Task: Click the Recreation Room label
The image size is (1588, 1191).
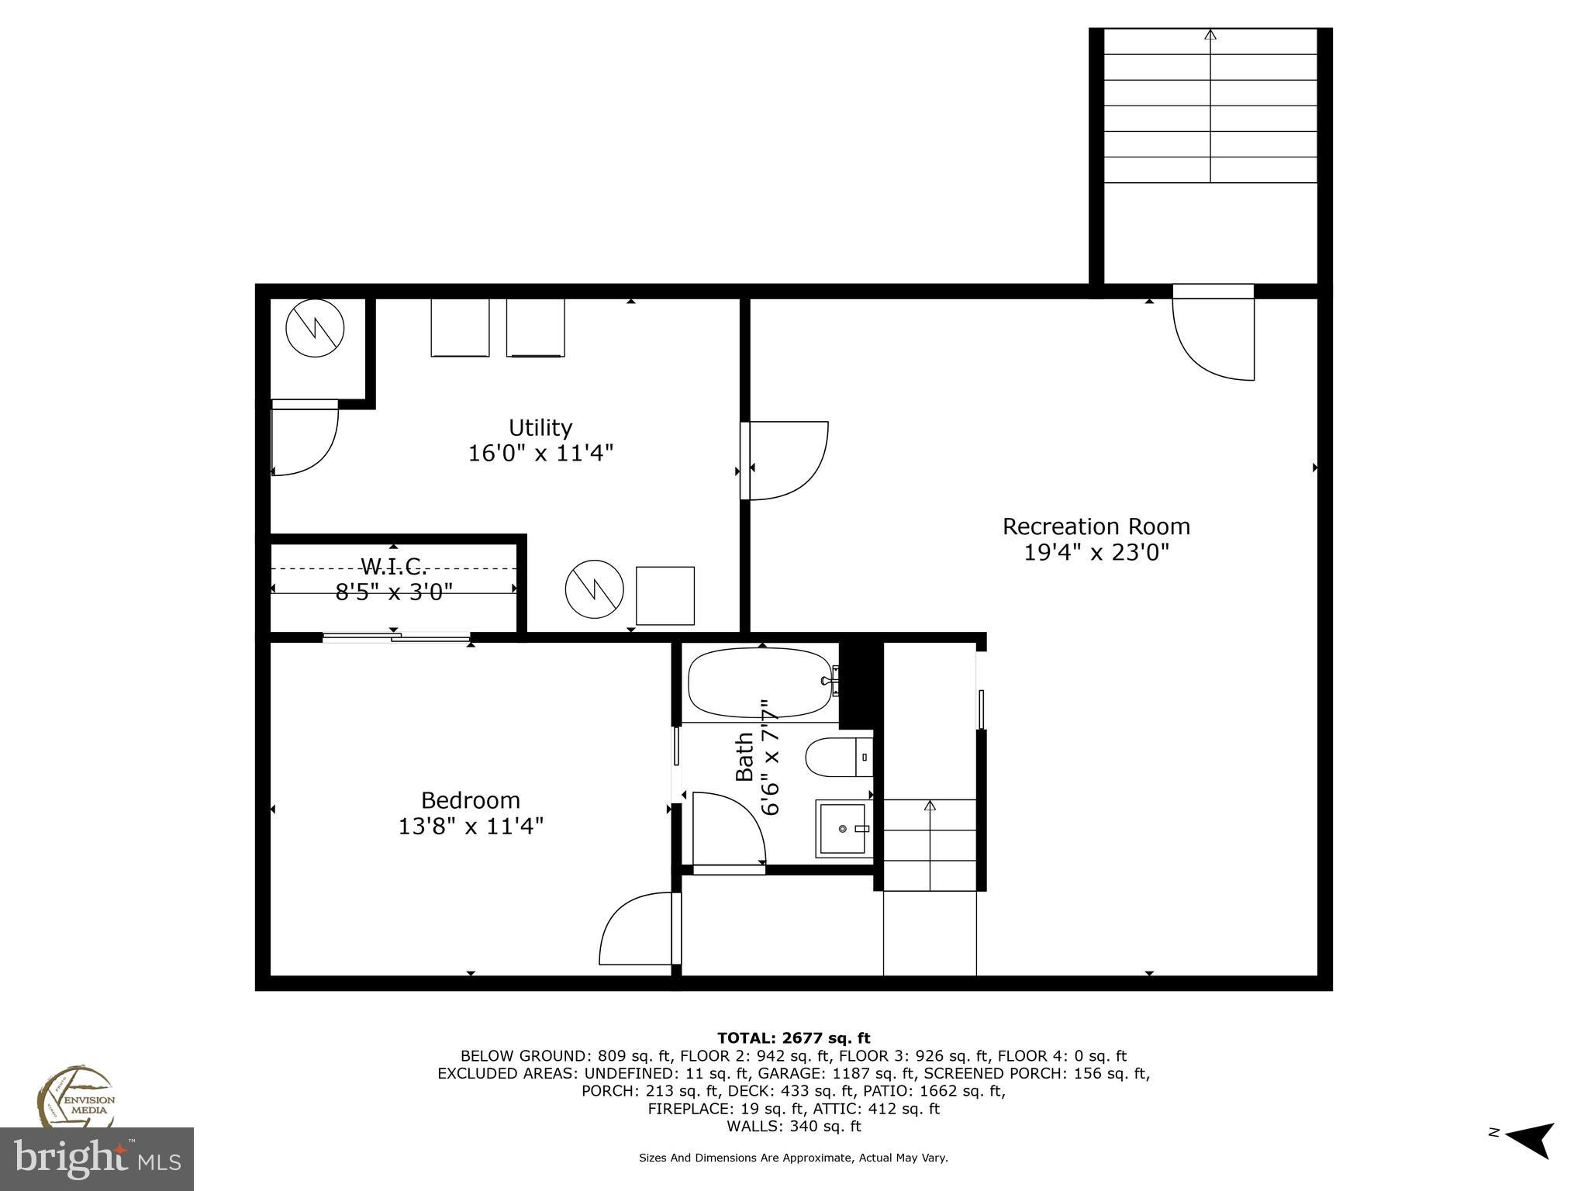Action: tap(1096, 526)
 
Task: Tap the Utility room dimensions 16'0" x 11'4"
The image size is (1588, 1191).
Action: tap(540, 453)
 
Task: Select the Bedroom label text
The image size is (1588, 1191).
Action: tap(470, 800)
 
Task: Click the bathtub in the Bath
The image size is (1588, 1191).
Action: tap(759, 682)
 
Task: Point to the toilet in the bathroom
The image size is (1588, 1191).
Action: tap(837, 757)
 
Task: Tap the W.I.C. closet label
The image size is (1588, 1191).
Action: tap(393, 565)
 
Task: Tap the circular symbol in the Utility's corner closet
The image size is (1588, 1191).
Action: tap(315, 328)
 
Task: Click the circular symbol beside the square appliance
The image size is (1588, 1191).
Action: tap(594, 589)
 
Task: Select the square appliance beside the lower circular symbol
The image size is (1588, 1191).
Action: tap(665, 595)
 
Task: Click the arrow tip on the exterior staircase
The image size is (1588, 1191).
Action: tap(1210, 34)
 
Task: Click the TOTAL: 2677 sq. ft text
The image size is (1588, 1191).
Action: tap(793, 1037)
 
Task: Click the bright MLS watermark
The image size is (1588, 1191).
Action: tap(97, 1159)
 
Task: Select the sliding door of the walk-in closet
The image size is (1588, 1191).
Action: tap(396, 637)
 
